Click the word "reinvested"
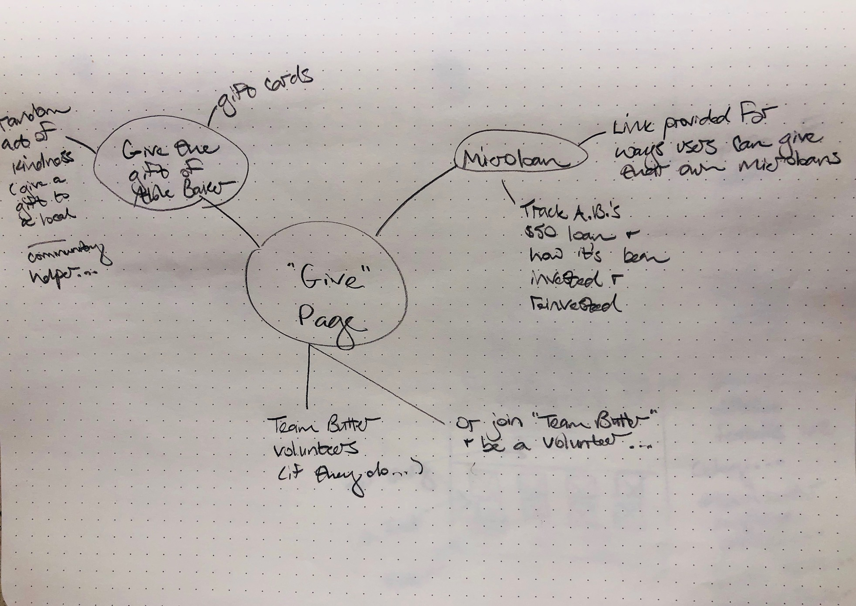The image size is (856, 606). pyautogui.click(x=576, y=305)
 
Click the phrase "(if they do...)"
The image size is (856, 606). pyautogui.click(x=348, y=477)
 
